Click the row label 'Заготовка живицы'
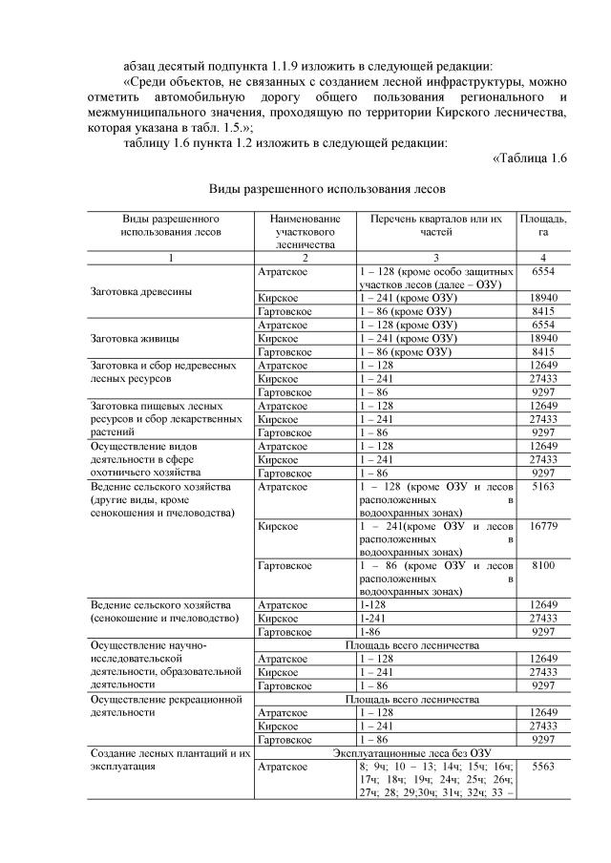(133, 337)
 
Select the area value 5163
(542, 486)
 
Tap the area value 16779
(542, 525)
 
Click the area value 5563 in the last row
(542, 766)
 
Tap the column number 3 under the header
(435, 258)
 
